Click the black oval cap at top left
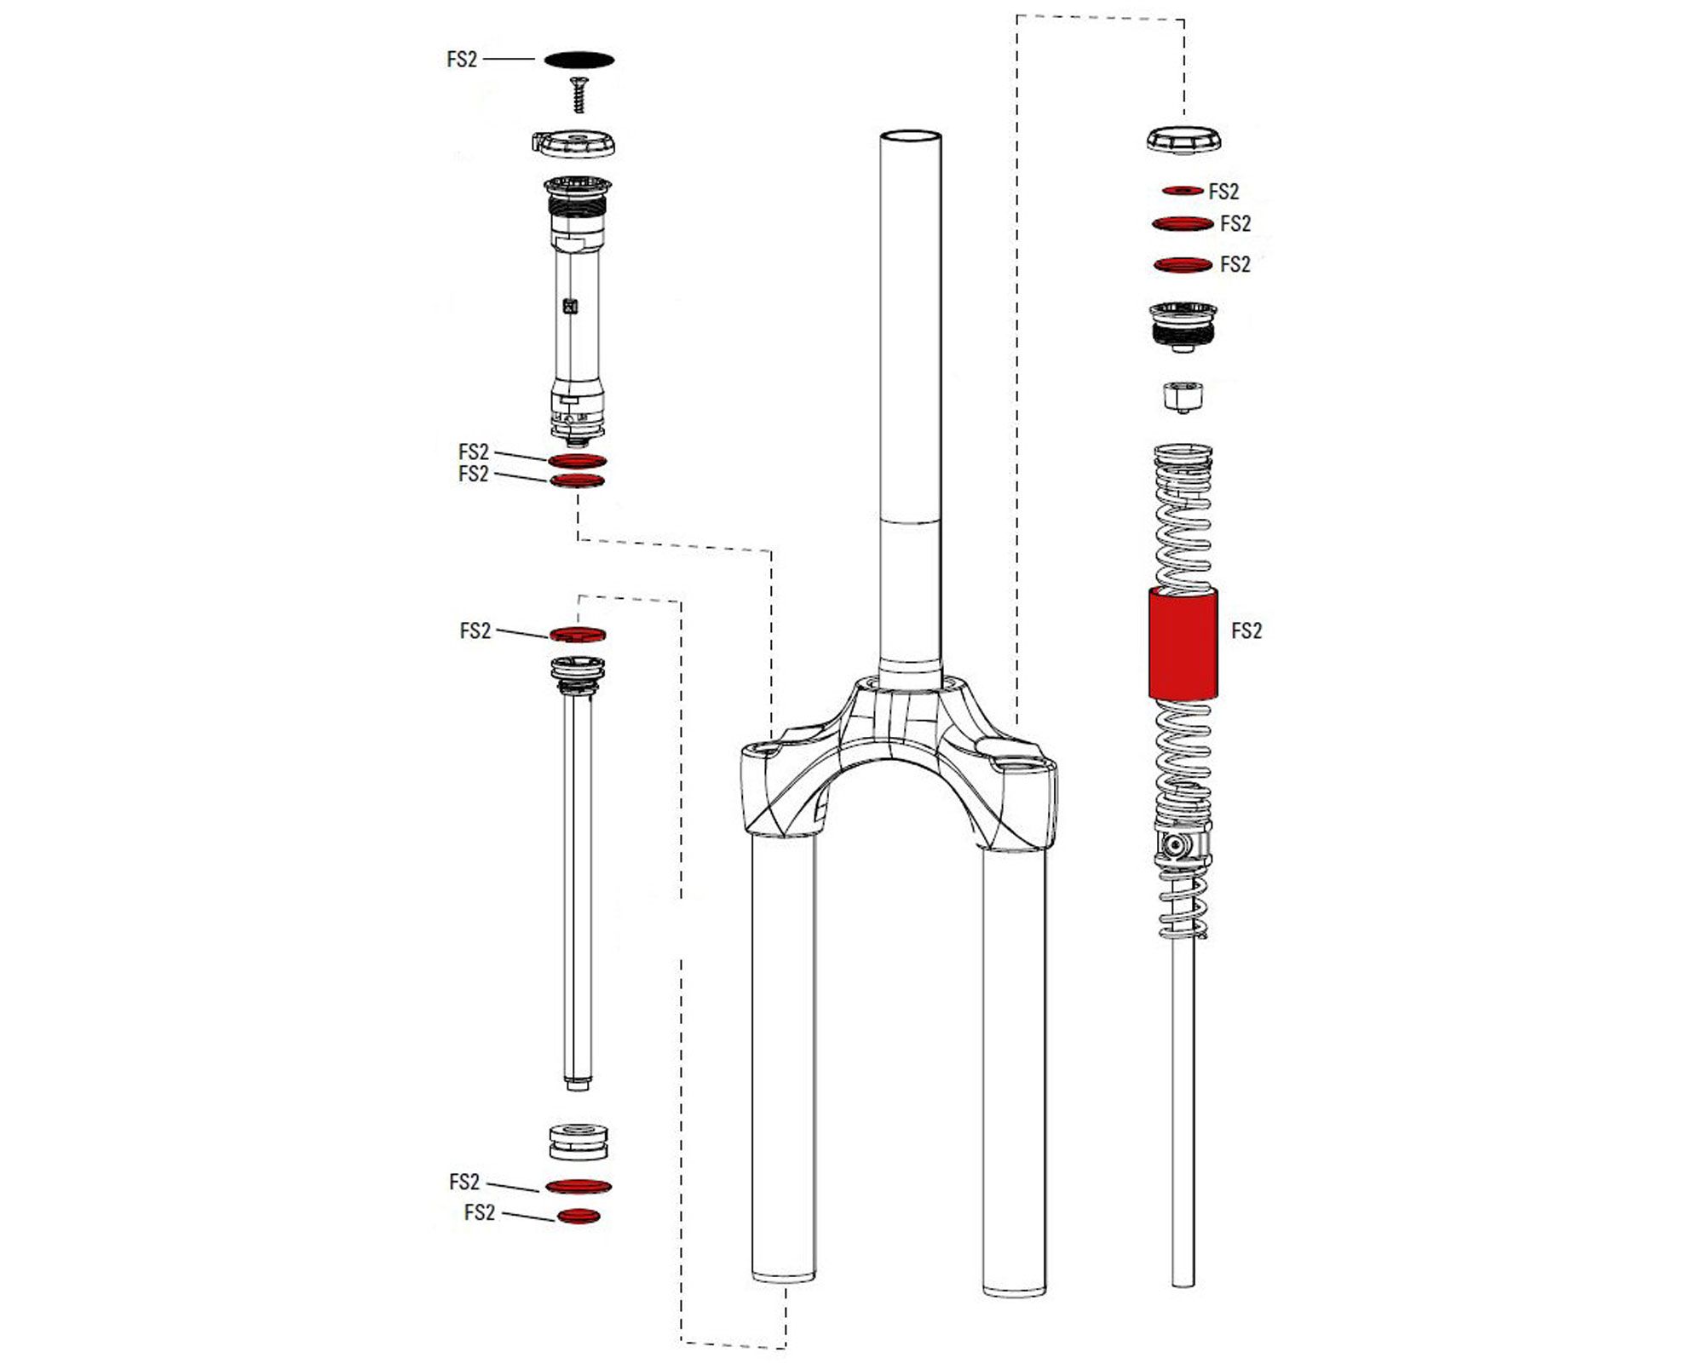click(x=579, y=60)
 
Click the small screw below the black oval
click(x=580, y=94)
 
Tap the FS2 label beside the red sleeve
click(x=1246, y=631)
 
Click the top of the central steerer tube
click(x=911, y=137)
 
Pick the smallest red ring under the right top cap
click(x=1183, y=191)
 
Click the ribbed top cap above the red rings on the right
click(x=1183, y=139)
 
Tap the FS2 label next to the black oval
click(x=462, y=60)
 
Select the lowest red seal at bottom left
click(x=579, y=1217)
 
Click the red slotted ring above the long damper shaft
click(x=578, y=635)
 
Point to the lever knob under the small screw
click(x=574, y=143)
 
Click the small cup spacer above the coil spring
click(x=1183, y=397)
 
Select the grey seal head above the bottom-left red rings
click(x=579, y=1142)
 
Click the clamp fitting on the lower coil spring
click(x=1183, y=847)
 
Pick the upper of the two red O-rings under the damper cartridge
click(x=578, y=461)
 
